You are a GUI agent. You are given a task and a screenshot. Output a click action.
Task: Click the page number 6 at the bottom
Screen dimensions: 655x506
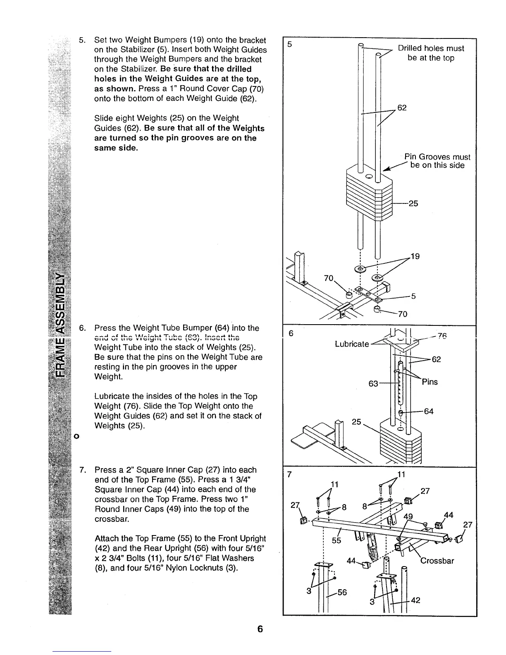tap(260, 629)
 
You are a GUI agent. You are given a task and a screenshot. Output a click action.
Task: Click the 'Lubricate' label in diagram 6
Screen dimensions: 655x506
tap(352, 344)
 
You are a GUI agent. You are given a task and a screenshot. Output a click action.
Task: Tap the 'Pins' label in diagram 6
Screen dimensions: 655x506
tap(430, 382)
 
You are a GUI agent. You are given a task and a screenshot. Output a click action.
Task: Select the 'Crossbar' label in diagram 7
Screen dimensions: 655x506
tap(437, 561)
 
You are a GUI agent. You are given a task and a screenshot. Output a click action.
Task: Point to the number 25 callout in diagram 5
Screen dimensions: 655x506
tap(413, 203)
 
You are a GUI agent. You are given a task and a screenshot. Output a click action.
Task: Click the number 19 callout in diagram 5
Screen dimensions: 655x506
tap(415, 256)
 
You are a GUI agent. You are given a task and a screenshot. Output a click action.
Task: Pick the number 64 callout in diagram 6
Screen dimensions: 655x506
tap(429, 411)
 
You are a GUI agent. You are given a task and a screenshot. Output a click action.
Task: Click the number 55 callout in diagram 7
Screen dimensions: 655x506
tap(336, 540)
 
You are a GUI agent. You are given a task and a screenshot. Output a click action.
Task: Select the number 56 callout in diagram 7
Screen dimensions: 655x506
tap(342, 592)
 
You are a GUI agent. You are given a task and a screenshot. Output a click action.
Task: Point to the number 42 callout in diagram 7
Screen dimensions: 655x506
tap(415, 600)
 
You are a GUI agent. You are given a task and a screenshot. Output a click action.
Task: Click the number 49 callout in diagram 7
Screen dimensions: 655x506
tap(408, 516)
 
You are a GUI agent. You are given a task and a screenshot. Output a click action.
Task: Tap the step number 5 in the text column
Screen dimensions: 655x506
tap(82, 41)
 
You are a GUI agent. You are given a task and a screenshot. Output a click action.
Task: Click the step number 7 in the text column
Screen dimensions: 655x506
tap(82, 470)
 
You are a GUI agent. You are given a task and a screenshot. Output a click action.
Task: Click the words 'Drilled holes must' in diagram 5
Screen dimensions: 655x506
tap(431, 48)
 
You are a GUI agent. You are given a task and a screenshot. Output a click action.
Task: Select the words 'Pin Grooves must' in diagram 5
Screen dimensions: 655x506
tap(437, 157)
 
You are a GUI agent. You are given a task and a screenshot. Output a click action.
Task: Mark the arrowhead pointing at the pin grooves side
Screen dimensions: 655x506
tap(385, 170)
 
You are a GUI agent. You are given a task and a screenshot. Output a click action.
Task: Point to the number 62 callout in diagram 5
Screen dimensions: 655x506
tap(402, 108)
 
